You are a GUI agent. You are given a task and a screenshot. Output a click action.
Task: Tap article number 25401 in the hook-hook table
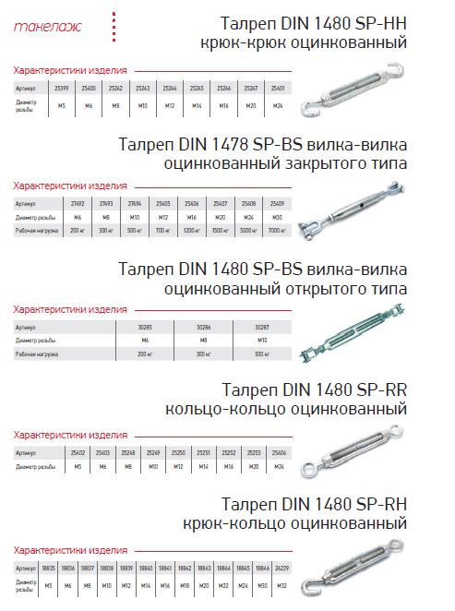[279, 87]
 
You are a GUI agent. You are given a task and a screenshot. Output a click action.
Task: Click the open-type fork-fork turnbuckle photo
[360, 341]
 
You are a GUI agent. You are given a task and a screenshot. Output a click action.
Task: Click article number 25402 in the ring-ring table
[78, 452]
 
